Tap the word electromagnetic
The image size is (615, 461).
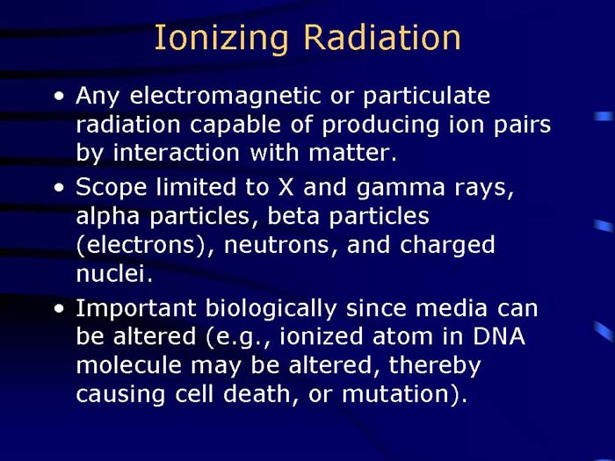point(217,96)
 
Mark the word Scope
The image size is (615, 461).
point(108,188)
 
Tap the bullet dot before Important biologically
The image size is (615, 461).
point(58,309)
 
